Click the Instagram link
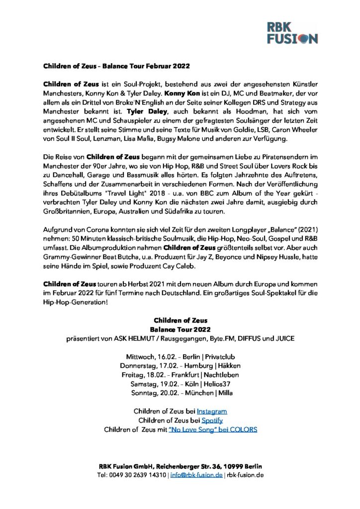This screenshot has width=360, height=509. point(212,412)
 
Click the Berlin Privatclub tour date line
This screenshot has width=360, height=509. point(180,357)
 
